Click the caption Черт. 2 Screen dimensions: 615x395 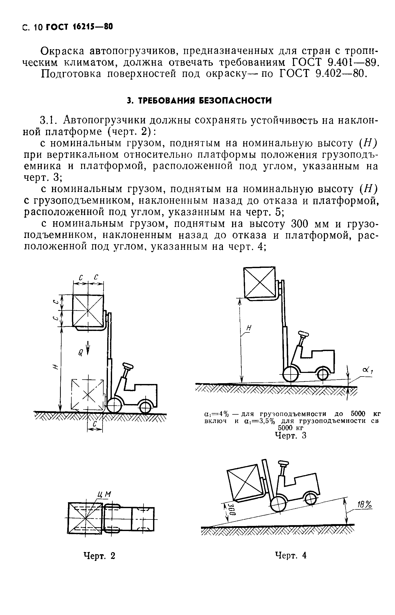tap(99, 556)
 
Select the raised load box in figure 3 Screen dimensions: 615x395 tap(259, 283)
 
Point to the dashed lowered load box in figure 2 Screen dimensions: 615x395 tap(88, 394)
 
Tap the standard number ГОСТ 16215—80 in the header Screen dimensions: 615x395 tap(79, 27)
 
